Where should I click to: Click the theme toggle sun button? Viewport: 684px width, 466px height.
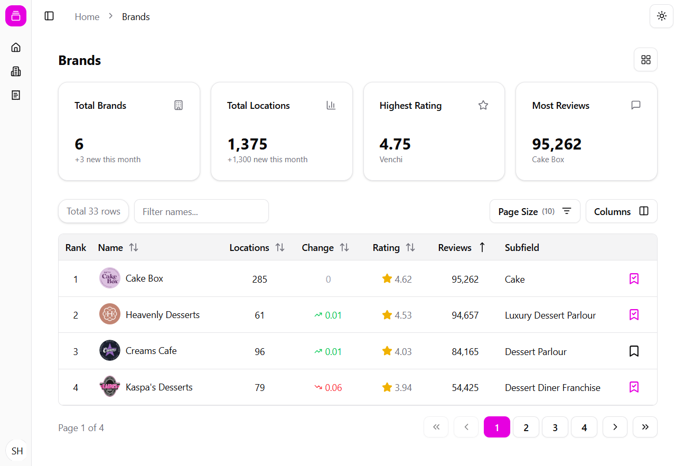point(661,16)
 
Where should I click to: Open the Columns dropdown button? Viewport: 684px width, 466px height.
point(621,211)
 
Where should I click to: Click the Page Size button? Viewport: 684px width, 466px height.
point(535,211)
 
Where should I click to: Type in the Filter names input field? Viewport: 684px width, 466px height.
point(201,211)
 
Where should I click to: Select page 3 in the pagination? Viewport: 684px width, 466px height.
point(555,427)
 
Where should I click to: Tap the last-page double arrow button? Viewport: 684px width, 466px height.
point(644,427)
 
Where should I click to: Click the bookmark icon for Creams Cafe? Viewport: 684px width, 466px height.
point(634,351)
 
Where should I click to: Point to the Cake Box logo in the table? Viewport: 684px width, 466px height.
point(110,278)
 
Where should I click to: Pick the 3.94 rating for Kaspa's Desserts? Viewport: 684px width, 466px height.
point(397,388)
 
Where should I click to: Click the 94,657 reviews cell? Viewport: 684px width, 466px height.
point(465,315)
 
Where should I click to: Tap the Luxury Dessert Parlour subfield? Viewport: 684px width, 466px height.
point(550,315)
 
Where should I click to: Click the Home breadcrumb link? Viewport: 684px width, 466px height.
point(87,17)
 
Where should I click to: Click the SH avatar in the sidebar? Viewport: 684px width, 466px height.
point(17,451)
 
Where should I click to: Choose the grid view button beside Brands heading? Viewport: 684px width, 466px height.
point(645,60)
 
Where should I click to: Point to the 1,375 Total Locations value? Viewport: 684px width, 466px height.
point(247,144)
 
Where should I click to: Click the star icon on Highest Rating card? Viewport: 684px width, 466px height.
point(483,106)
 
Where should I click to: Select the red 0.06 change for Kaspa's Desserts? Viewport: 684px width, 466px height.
point(329,388)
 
